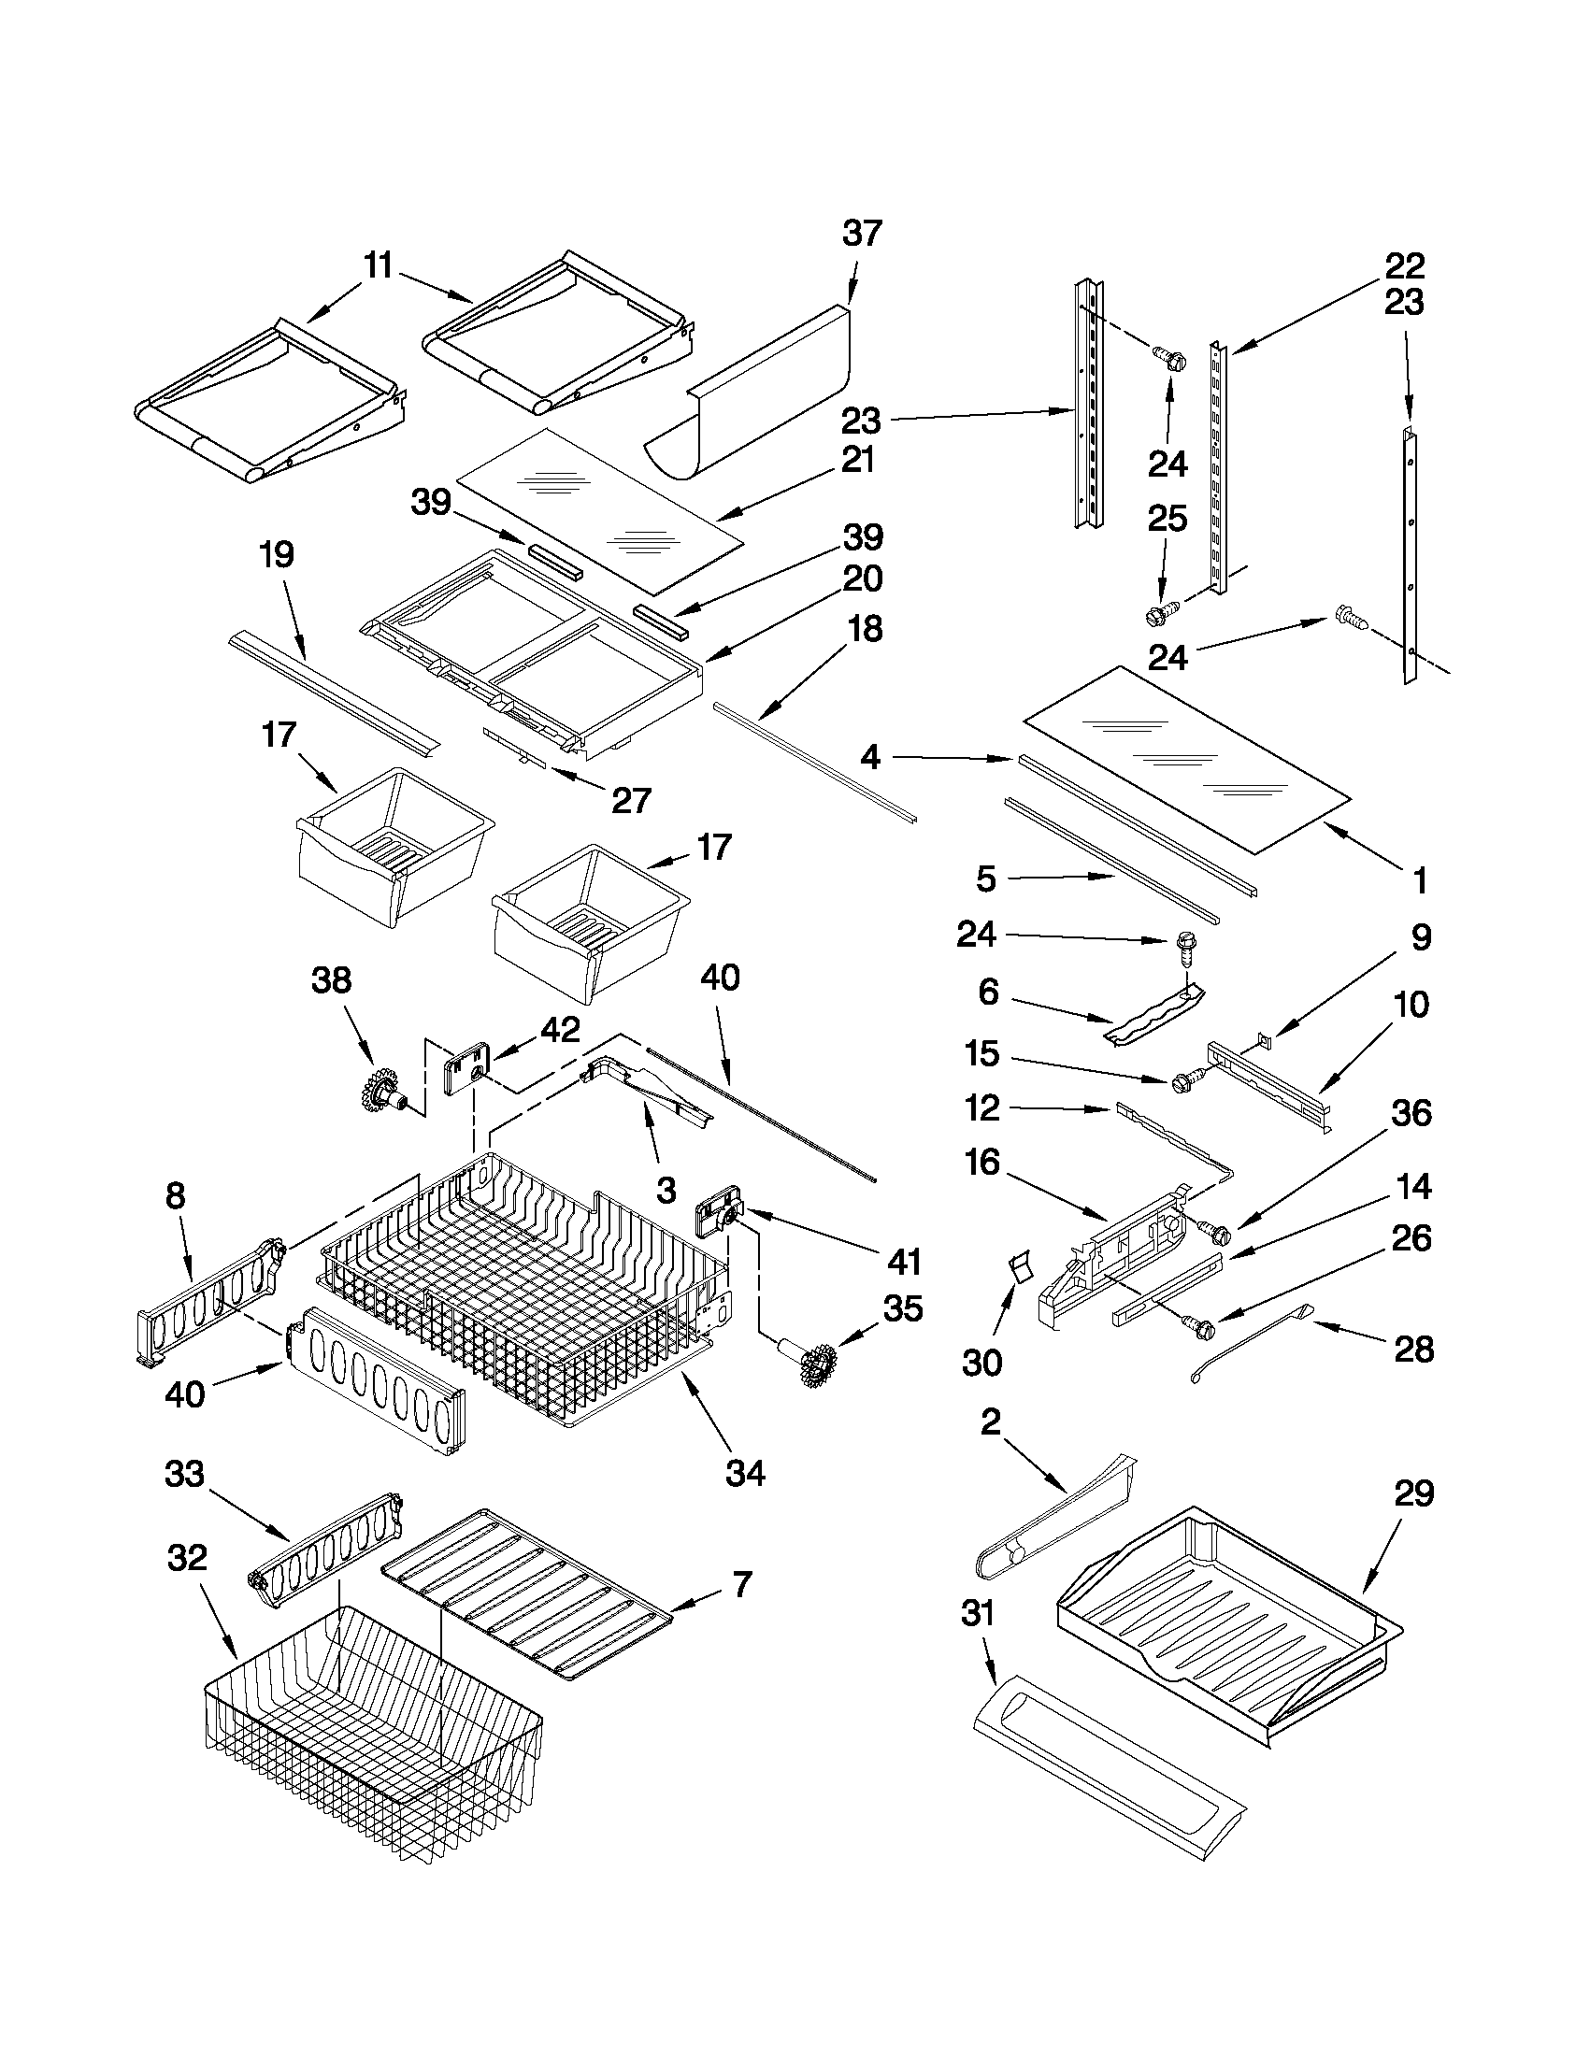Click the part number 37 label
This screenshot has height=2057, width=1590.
click(861, 233)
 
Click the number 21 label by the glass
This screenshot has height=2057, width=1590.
click(857, 461)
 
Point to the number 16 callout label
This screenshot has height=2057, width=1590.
click(981, 1164)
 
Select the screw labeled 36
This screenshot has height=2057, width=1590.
click(1216, 1230)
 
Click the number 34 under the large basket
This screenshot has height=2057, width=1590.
click(745, 1473)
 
